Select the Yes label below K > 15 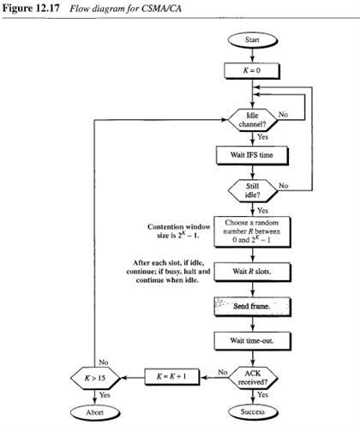(106, 395)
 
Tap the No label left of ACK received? (221, 369)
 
